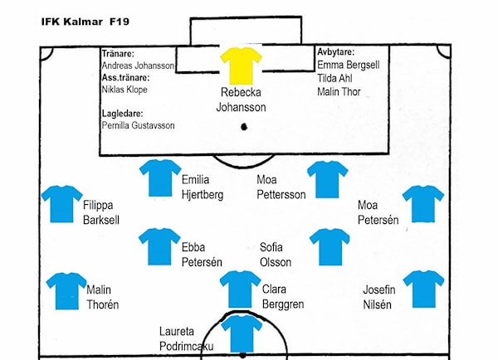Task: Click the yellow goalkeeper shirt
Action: (x=241, y=66)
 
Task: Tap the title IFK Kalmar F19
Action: (x=85, y=22)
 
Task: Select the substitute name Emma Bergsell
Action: (x=349, y=65)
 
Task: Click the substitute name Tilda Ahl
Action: (x=334, y=78)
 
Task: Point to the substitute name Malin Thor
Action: (x=339, y=92)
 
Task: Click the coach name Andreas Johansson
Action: (x=138, y=66)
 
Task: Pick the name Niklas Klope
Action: (x=124, y=90)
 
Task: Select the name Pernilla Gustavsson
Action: (x=138, y=125)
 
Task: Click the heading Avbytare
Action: (x=336, y=51)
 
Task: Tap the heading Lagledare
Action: (x=123, y=113)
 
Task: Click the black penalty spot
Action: (x=244, y=127)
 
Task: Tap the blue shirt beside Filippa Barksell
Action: (x=62, y=204)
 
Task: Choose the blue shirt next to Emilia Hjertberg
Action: (x=160, y=178)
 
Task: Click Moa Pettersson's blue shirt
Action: (x=328, y=179)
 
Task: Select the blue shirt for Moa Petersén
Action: (x=423, y=204)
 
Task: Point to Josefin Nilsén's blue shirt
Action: (x=423, y=289)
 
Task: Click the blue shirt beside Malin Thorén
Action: (x=66, y=291)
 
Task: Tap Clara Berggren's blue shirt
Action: (x=240, y=289)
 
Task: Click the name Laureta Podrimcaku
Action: (x=186, y=338)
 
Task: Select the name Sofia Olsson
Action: (x=276, y=255)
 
